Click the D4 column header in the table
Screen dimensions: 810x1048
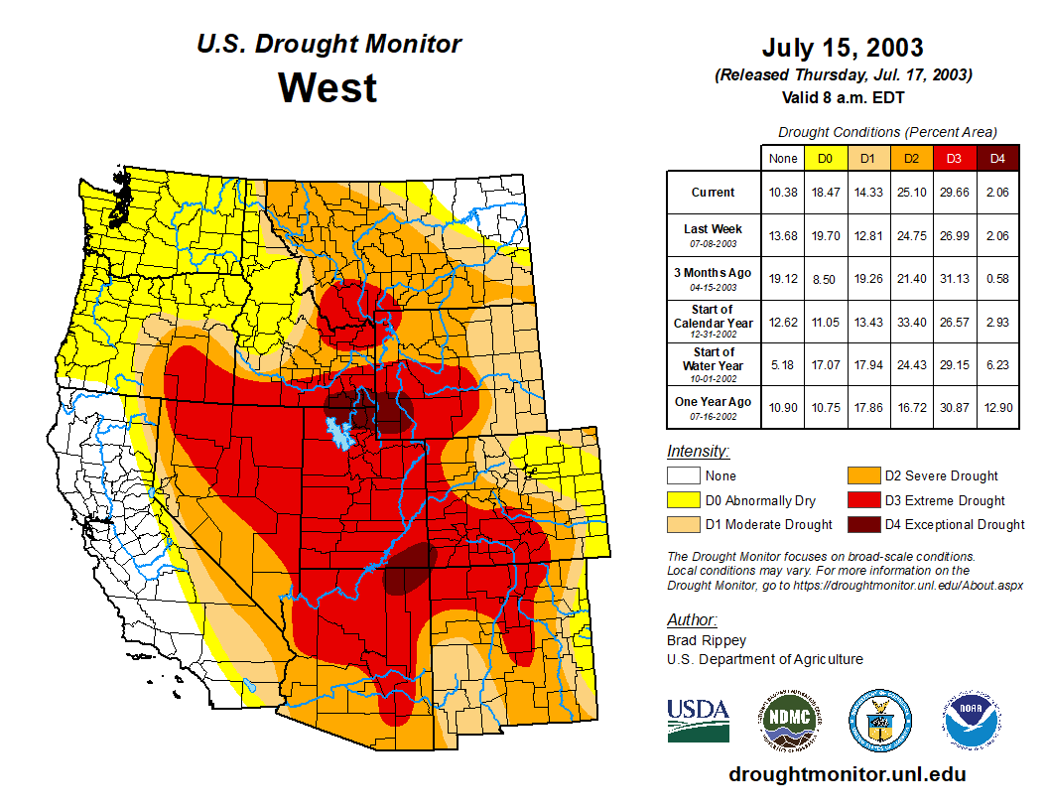[x=997, y=159]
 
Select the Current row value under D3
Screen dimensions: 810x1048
[x=954, y=192]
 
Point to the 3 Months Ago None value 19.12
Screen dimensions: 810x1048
[x=783, y=279]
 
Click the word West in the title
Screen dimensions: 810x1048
[x=327, y=87]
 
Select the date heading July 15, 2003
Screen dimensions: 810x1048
[x=843, y=47]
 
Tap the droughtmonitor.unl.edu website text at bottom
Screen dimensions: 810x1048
[x=847, y=774]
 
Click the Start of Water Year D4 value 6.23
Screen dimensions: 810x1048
[x=997, y=365]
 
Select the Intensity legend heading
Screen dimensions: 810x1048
[x=698, y=451]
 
